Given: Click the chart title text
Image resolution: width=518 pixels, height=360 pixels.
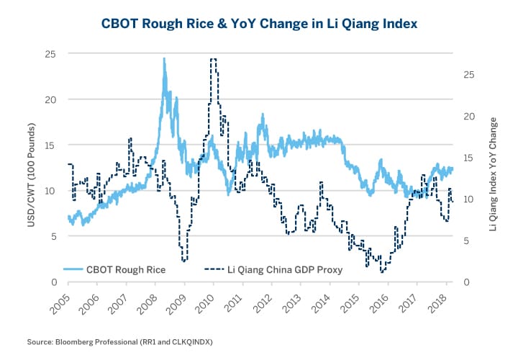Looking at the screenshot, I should pyautogui.click(x=258, y=24).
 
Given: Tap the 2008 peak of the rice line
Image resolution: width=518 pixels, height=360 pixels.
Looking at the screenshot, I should pyautogui.click(x=164, y=59).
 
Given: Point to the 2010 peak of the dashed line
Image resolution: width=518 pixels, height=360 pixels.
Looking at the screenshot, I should pyautogui.click(x=214, y=60).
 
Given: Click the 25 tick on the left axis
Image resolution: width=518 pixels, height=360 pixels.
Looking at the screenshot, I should pyautogui.click(x=50, y=53).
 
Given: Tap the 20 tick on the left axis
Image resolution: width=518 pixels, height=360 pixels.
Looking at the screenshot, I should pyautogui.click(x=50, y=99).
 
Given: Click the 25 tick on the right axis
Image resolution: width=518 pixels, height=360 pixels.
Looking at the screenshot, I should pyautogui.click(x=468, y=74).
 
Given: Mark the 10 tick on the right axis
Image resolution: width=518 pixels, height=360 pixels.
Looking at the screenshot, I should pyautogui.click(x=468, y=199).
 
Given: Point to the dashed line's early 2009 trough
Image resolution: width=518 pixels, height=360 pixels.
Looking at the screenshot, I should pyautogui.click(x=184, y=260).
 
